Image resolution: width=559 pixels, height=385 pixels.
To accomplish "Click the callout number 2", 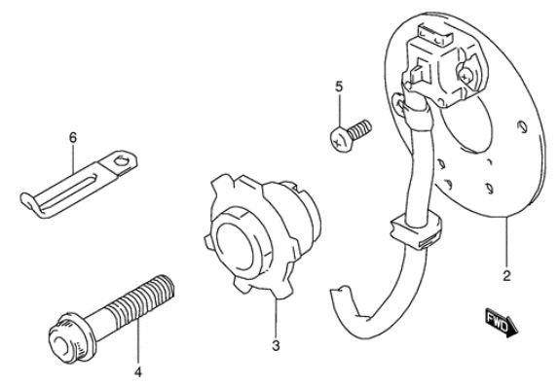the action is point(506,276).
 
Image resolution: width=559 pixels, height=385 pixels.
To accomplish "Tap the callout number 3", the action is point(276,345).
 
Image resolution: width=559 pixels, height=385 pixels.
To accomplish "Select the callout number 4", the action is point(138,371).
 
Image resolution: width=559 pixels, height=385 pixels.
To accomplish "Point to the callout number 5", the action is point(339,87).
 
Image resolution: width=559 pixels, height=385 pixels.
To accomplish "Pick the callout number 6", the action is point(73,137).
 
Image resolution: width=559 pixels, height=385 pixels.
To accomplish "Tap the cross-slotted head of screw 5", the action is point(339,140).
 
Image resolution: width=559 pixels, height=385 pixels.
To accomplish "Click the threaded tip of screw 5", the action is point(364,128).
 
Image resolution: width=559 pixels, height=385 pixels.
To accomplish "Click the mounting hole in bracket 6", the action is point(121,160).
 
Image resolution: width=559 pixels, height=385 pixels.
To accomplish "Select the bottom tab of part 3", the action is point(282,293).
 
